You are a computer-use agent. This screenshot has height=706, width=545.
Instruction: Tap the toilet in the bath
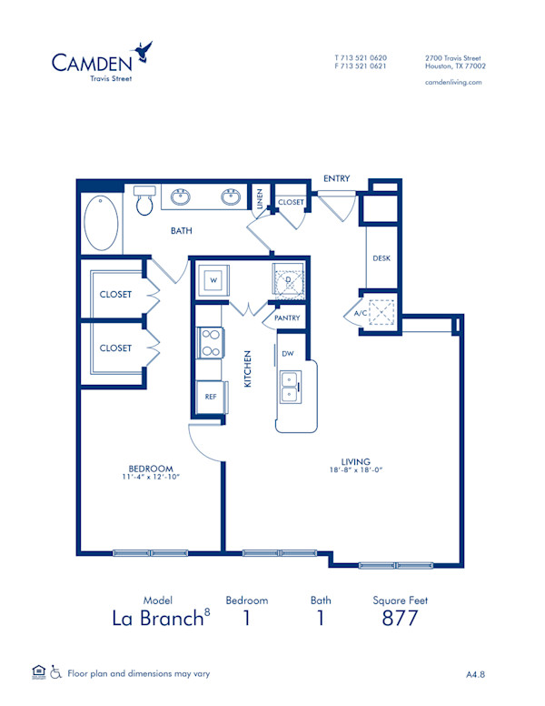144,202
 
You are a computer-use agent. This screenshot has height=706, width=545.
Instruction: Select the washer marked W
213,279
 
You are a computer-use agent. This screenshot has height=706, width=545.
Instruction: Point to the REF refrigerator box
210,397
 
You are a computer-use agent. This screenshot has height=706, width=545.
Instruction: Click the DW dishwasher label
287,353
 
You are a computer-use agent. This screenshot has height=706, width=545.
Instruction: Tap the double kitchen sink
291,387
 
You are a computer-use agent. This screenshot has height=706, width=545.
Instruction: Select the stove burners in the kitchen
211,343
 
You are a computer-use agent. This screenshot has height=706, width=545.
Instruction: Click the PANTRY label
287,318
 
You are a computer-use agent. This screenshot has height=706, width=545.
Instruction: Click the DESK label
381,258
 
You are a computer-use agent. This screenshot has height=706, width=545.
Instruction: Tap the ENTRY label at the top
336,179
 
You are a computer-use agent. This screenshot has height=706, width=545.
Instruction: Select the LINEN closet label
260,198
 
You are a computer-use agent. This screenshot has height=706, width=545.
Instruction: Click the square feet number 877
400,619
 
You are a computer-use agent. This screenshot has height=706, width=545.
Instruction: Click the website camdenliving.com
453,82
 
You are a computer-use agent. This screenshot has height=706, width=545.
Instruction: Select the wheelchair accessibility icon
55,673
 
